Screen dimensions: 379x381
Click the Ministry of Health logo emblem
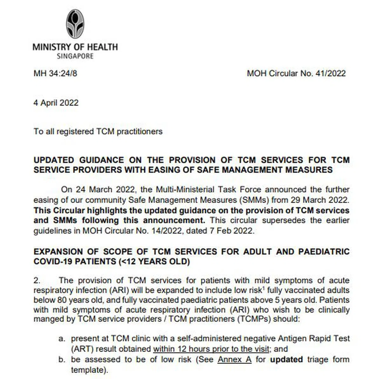75,24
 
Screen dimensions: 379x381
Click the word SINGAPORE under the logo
75,56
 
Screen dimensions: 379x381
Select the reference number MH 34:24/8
55,73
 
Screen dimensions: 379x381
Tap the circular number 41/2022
330,73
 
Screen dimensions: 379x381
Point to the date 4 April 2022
56,103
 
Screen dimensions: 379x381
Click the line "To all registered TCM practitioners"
98,132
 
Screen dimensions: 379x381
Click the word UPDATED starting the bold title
54,160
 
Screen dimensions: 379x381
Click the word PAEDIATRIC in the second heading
324,252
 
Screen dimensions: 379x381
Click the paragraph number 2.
37,281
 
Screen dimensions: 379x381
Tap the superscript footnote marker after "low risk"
264,288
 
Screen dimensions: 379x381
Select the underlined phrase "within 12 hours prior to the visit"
211,349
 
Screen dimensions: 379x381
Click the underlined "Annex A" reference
234,360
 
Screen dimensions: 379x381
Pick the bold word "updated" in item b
286,360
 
